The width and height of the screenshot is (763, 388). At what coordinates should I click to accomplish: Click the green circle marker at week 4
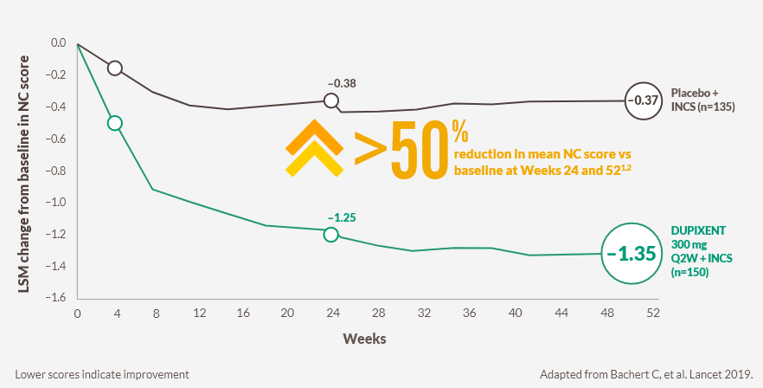tap(114, 123)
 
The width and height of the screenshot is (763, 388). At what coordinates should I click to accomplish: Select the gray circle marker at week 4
tap(114, 68)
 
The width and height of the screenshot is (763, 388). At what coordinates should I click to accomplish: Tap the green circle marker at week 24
tap(330, 235)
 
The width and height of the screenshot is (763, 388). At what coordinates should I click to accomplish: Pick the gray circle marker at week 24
tap(330, 101)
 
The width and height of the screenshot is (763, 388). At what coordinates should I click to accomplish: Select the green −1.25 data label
tap(342, 216)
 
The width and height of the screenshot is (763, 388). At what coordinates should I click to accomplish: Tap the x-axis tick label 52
tap(652, 312)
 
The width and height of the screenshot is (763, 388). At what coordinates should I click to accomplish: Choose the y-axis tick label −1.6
tap(56, 297)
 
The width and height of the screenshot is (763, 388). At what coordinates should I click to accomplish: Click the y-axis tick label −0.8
tap(56, 171)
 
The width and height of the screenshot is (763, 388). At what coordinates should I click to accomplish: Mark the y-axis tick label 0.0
tap(58, 43)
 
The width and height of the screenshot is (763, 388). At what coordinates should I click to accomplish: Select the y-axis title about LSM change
tap(25, 170)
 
